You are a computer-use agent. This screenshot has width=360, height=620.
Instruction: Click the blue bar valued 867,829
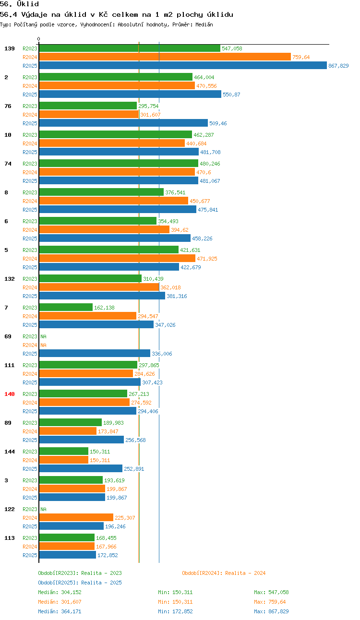click(x=183, y=65)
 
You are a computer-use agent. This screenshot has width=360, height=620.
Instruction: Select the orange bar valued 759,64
click(x=165, y=57)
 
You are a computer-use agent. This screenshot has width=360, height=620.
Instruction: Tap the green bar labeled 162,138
click(x=66, y=307)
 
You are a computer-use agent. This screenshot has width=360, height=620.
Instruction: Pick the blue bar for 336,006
click(x=95, y=353)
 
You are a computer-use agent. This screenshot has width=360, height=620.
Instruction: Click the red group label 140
click(x=10, y=394)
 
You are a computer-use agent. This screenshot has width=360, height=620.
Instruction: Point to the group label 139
click(x=10, y=48)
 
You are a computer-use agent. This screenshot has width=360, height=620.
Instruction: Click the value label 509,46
click(x=218, y=123)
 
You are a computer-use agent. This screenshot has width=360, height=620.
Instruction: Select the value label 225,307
click(x=125, y=518)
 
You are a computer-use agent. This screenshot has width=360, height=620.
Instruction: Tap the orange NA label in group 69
click(x=44, y=345)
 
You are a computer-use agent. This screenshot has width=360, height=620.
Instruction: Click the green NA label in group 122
click(x=44, y=509)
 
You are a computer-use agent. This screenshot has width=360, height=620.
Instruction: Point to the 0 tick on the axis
click(x=38, y=39)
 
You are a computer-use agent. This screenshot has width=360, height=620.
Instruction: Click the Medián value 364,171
click(x=71, y=611)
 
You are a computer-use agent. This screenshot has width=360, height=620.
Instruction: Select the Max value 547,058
click(x=278, y=592)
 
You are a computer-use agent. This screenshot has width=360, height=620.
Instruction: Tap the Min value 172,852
click(x=182, y=611)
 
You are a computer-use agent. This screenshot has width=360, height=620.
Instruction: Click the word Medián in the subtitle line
click(x=204, y=24)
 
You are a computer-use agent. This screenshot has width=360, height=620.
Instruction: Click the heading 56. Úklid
click(x=19, y=4)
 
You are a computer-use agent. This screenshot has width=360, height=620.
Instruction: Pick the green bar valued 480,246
click(x=119, y=163)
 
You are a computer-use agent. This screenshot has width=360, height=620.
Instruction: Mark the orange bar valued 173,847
click(x=68, y=431)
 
